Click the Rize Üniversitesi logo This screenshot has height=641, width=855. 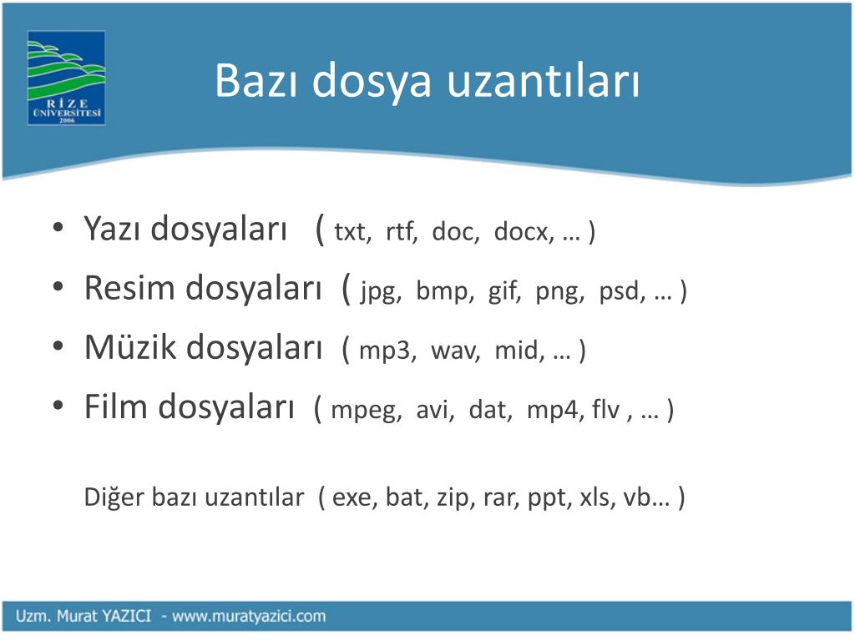[x=66, y=78]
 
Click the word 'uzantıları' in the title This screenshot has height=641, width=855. [x=543, y=81]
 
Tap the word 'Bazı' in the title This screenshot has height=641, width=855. [x=256, y=81]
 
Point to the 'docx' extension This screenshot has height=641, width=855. [x=522, y=232]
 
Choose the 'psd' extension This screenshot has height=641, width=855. [x=620, y=290]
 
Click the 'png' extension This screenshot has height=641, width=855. [x=559, y=291]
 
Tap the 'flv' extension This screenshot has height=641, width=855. [x=606, y=409]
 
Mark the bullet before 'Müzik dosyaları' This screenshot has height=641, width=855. [x=58, y=346]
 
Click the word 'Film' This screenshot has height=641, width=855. [x=115, y=406]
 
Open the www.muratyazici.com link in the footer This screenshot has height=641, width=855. [x=249, y=617]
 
